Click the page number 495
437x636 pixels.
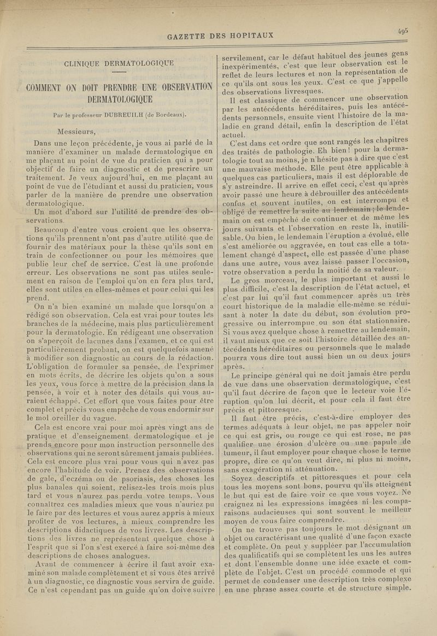pos(404,31)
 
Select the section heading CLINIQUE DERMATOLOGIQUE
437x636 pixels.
pos(119,63)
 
